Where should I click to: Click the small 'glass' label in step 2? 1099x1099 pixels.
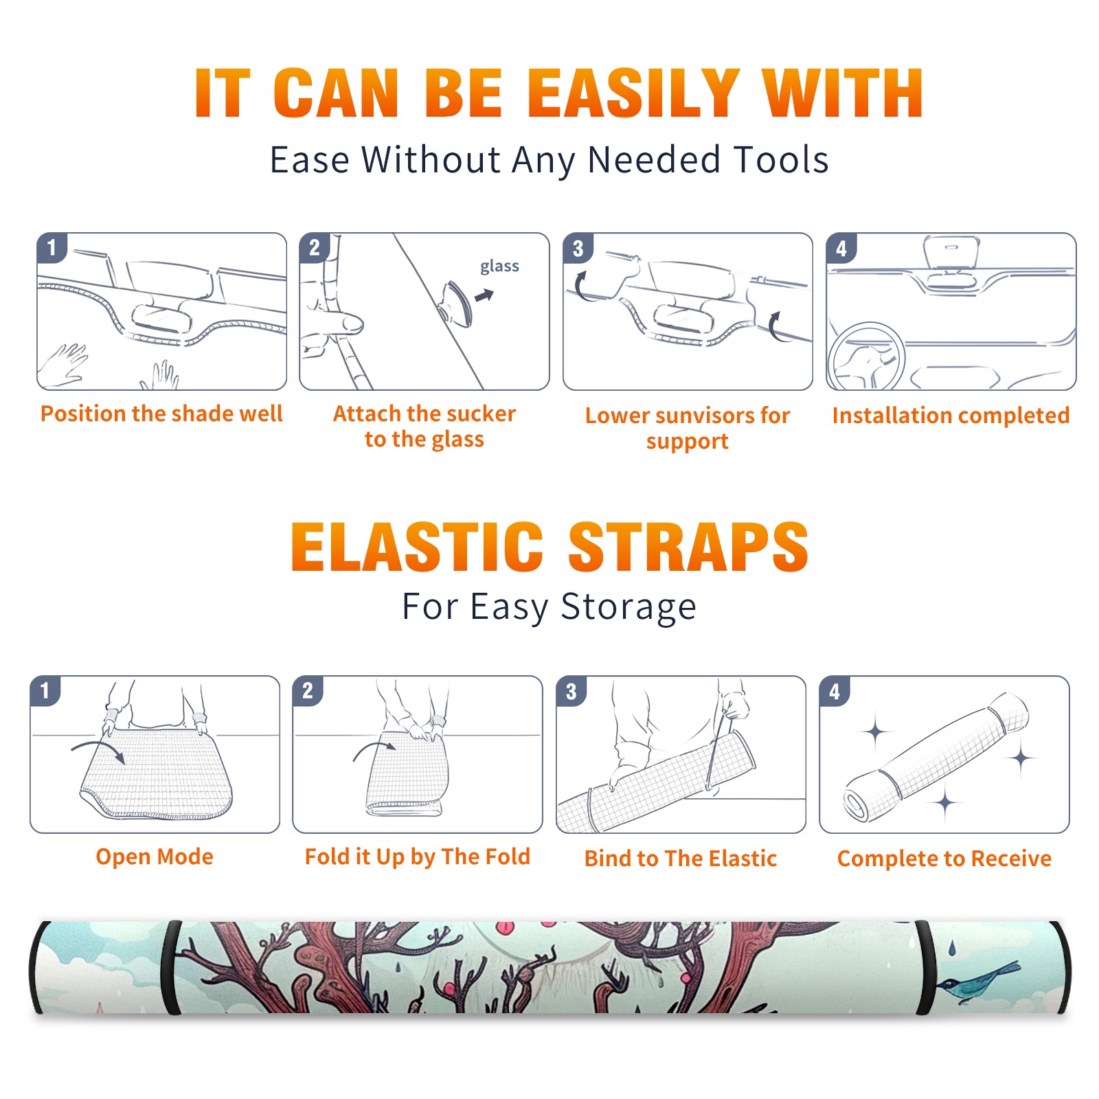point(499,267)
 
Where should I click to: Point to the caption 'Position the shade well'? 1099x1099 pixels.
point(161,413)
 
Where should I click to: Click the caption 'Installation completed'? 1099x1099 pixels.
point(951,416)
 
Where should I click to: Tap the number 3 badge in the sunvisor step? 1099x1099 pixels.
point(578,248)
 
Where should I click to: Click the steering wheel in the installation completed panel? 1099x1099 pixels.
point(866,357)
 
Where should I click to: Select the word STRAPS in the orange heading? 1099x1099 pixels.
point(688,547)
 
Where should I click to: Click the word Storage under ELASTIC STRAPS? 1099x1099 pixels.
point(628,608)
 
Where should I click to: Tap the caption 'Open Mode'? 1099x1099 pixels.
point(155,857)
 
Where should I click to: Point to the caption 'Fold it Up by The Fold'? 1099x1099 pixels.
point(418,857)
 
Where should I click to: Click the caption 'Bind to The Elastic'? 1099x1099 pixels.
point(681,859)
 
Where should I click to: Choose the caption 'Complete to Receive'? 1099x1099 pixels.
point(944,859)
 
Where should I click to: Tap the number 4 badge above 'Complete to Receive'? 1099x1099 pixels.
point(835,691)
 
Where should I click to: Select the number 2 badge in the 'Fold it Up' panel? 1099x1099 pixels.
point(308,691)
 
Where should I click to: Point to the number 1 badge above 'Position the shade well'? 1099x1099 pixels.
point(52,248)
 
